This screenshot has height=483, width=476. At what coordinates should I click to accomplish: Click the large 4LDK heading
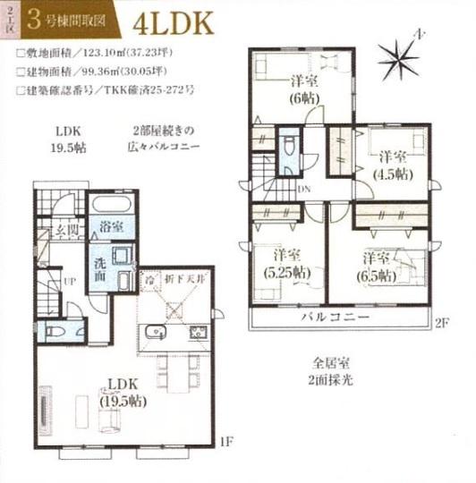(175, 21)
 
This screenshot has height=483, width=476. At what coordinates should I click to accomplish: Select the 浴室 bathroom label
(112, 227)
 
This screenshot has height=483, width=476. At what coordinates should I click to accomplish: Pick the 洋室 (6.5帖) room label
(380, 265)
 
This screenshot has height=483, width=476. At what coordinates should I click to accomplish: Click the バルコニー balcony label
(336, 319)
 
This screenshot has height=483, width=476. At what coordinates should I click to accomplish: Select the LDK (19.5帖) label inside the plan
(123, 391)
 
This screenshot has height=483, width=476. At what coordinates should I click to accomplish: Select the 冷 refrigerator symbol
(150, 280)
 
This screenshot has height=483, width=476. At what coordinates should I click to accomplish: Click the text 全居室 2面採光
(337, 372)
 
